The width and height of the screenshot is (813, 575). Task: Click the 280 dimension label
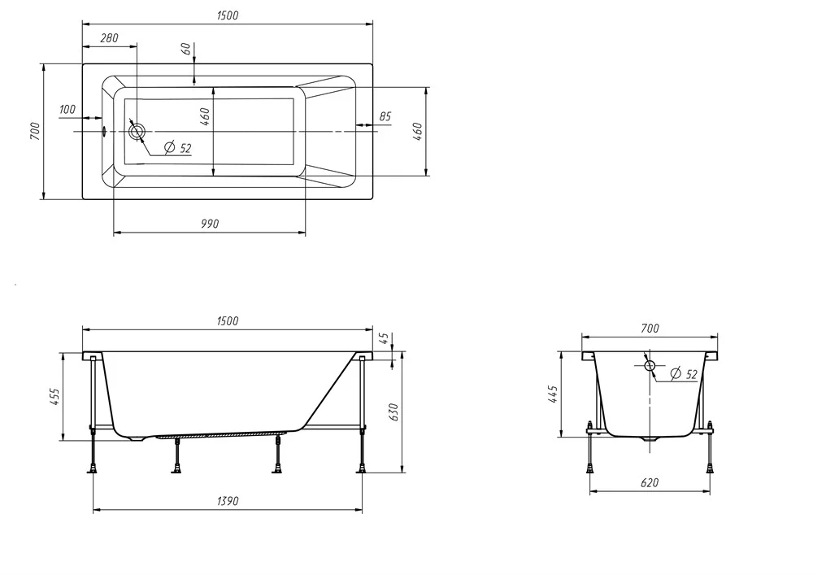pos(109,38)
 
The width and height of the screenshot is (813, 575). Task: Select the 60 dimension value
pos(185,50)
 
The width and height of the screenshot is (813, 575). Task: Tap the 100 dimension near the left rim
pos(67,110)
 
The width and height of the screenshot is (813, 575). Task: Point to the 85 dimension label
pos(385,116)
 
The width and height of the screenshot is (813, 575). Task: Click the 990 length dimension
pos(210,224)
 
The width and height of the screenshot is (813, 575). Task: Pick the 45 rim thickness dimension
pos(385,338)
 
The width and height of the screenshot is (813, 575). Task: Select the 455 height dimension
pos(55,397)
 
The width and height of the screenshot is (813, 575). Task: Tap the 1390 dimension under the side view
pos(228,501)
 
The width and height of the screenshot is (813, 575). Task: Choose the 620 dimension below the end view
pos(649,483)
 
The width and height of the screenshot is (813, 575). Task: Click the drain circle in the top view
pos(137,131)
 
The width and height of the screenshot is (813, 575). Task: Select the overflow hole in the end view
pos(650,365)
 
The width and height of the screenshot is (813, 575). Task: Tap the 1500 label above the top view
pos(228,15)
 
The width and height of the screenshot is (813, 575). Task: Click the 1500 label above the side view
pos(228,321)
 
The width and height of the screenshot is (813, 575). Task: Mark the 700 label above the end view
pos(650,329)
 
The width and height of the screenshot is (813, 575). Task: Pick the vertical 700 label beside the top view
pos(34,131)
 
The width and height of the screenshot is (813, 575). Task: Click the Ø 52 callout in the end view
pos(684,374)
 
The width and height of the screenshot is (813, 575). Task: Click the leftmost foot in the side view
pos(93,470)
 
